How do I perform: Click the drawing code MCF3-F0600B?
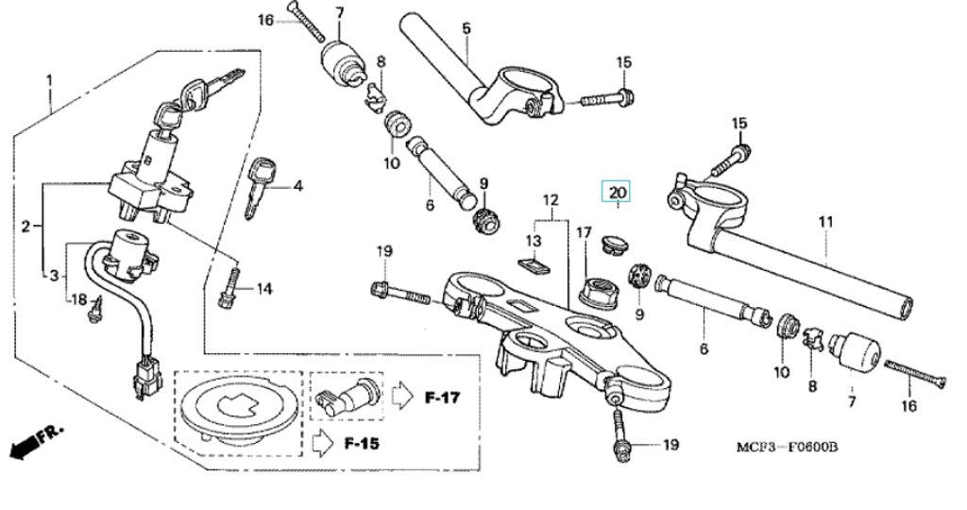click(787, 447)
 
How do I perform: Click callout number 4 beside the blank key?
click(297, 186)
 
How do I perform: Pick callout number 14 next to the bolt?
click(263, 289)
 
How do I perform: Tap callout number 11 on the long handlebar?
click(826, 223)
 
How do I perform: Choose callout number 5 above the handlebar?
click(466, 29)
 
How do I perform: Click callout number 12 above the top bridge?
click(551, 200)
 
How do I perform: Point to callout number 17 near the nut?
click(584, 232)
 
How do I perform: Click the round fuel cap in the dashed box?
click(237, 409)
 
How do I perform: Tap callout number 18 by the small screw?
click(80, 299)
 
